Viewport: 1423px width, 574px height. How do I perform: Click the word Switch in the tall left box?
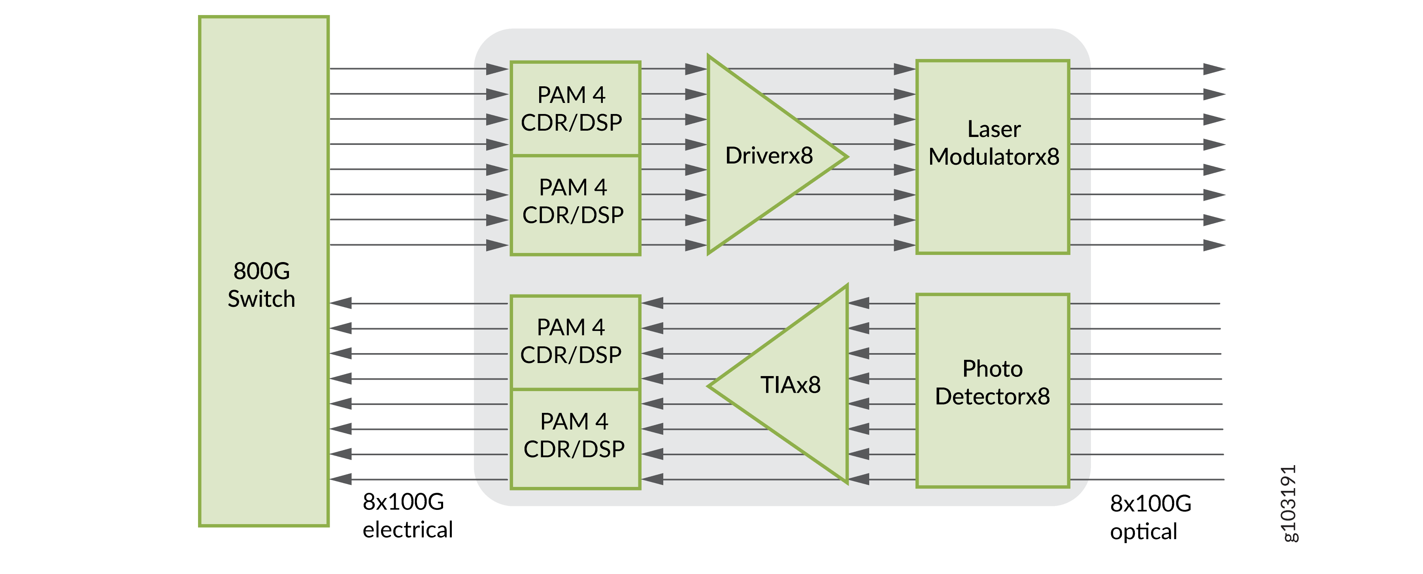coord(261,299)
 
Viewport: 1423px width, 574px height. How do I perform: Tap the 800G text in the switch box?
coord(261,271)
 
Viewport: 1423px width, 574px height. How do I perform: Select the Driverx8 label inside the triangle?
coord(768,156)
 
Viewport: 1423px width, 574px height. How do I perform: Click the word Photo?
coord(992,369)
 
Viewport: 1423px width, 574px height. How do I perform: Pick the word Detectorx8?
coord(992,397)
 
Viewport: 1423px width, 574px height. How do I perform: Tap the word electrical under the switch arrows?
coord(408,530)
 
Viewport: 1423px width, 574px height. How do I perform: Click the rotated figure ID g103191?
coord(1288,503)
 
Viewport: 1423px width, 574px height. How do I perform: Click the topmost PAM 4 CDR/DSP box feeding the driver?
coord(574,108)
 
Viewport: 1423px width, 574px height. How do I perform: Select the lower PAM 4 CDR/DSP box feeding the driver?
coord(574,205)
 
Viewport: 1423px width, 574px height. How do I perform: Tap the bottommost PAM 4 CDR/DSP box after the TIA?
coord(574,439)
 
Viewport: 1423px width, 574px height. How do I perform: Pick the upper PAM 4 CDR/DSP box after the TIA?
coord(574,342)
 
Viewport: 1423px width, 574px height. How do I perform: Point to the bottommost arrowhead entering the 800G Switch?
coord(341,479)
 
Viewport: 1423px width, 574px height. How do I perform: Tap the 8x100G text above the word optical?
coord(1151,504)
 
